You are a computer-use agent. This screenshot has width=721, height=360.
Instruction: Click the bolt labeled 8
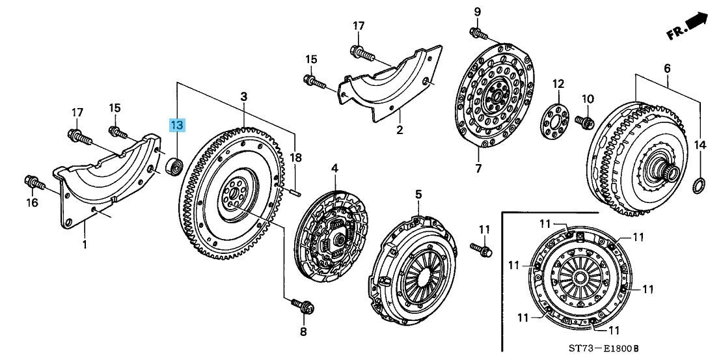click(x=301, y=305)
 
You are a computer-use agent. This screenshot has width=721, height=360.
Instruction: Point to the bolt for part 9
click(x=478, y=33)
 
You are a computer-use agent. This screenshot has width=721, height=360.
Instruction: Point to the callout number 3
click(x=243, y=97)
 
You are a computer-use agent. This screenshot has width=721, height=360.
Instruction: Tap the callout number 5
click(x=418, y=194)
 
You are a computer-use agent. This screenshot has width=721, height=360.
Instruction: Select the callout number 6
click(x=667, y=69)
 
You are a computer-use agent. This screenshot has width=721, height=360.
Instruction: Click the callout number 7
click(x=478, y=169)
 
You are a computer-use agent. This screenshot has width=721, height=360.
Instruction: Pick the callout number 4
click(x=334, y=169)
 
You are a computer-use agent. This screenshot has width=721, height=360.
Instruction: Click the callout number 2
click(x=400, y=130)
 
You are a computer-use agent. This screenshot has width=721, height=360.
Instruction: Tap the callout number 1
click(x=84, y=245)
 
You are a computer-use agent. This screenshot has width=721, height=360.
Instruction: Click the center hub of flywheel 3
click(x=234, y=193)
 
